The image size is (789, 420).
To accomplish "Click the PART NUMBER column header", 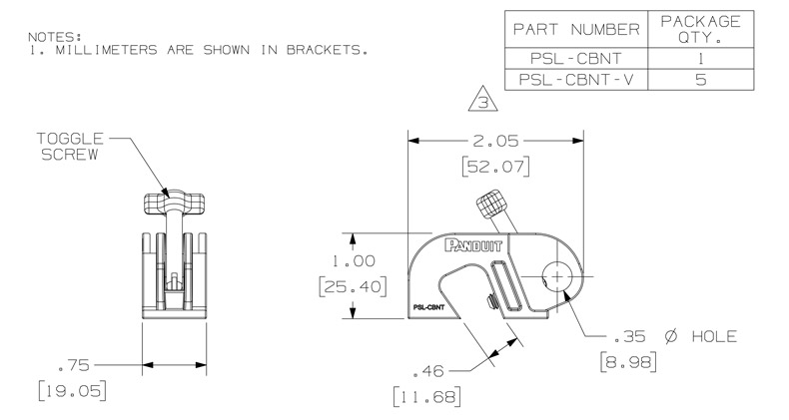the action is click(576, 30).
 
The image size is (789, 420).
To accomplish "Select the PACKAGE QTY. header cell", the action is click(700, 30).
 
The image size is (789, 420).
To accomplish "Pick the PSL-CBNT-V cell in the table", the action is click(576, 80).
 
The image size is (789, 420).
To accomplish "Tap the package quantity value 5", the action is click(700, 80).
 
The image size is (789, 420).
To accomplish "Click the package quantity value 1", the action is click(700, 59).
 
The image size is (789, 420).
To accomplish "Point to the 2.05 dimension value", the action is click(495, 142).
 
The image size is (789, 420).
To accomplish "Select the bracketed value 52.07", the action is click(496, 167).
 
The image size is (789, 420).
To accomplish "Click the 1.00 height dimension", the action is click(354, 260).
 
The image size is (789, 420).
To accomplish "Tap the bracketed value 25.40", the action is click(354, 286).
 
